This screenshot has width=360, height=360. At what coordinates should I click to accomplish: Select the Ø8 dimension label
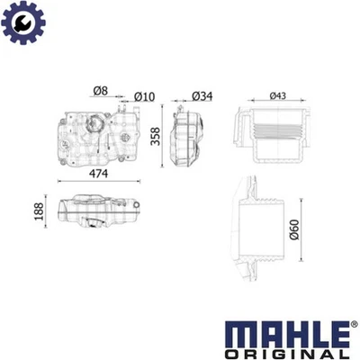(100, 91)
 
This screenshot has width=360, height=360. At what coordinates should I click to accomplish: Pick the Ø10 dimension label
(143, 96)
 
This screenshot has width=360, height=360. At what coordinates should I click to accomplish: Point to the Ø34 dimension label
(202, 96)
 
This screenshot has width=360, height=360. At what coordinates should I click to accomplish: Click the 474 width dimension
(100, 177)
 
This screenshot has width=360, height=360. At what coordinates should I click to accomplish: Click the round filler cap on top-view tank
(94, 128)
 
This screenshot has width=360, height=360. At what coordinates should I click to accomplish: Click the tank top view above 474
(94, 135)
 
